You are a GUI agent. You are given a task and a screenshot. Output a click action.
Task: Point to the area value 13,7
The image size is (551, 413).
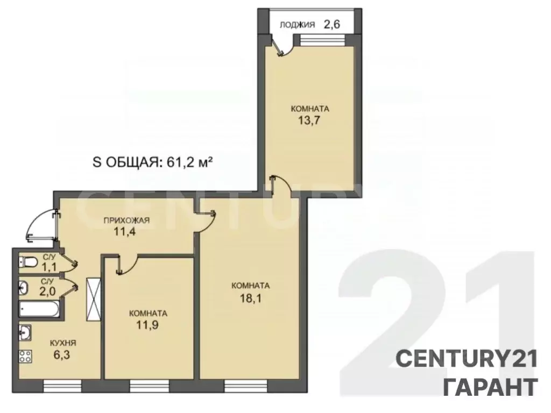point(309,120)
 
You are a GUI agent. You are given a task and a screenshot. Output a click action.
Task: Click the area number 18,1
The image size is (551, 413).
point(250,296)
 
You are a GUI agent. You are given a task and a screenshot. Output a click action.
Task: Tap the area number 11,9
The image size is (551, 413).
point(148,324)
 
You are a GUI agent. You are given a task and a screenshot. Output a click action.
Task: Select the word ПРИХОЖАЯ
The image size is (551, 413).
point(126,220)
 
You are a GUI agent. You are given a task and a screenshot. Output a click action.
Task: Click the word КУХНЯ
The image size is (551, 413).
point(63,343)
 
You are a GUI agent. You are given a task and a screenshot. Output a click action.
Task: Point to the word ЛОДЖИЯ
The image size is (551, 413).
point(300,24)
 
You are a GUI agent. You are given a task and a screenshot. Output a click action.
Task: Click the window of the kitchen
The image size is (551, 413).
point(61,385)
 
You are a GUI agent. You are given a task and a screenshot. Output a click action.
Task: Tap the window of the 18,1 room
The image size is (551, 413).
point(245,385)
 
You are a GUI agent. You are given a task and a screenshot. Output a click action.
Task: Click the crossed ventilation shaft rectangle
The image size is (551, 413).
point(93,298)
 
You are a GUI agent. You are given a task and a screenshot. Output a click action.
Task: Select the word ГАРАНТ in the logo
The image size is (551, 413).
point(490,386)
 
